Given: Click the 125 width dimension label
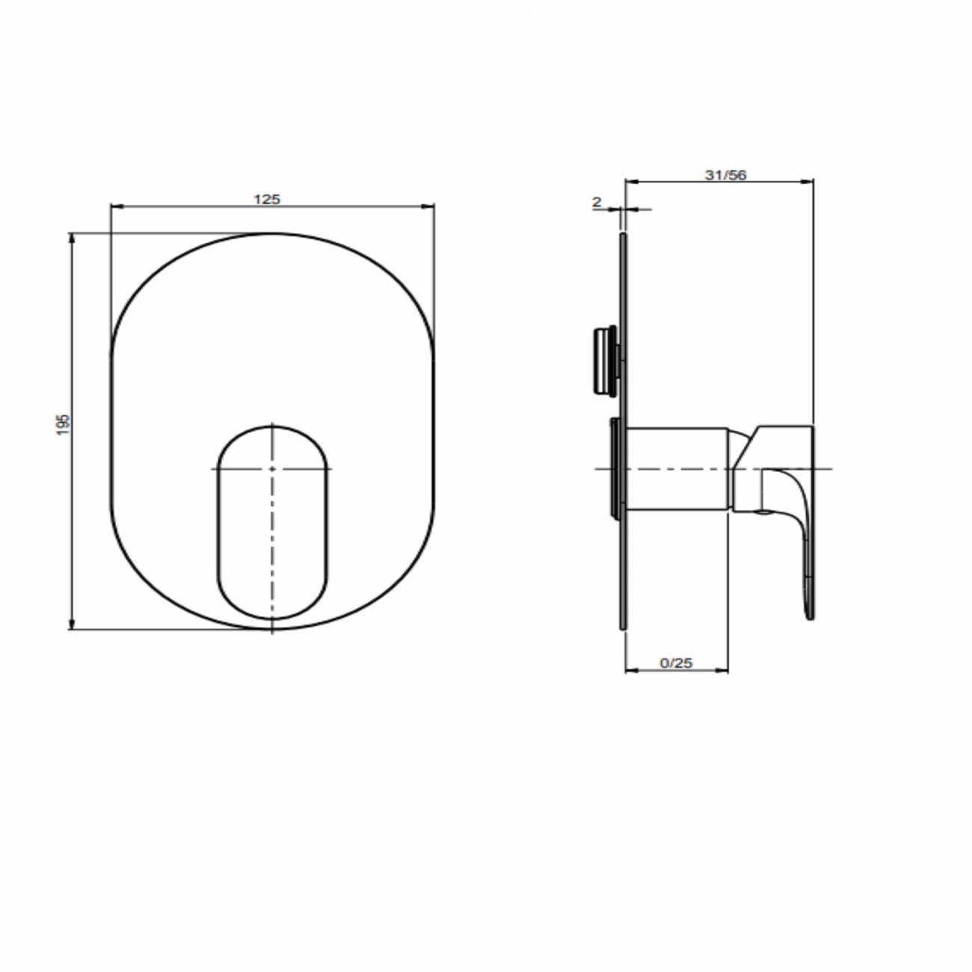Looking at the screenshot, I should pyautogui.click(x=267, y=199).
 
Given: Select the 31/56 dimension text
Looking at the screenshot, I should pyautogui.click(x=725, y=175).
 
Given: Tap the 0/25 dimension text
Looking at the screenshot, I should pyautogui.click(x=677, y=662).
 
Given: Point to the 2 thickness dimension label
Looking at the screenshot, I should pyautogui.click(x=596, y=201).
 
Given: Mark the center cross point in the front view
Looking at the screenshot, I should pyautogui.click(x=273, y=469).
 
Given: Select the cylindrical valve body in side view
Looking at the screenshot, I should pyautogui.click(x=677, y=469).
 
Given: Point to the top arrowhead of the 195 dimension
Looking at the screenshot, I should pyautogui.click(x=72, y=238).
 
